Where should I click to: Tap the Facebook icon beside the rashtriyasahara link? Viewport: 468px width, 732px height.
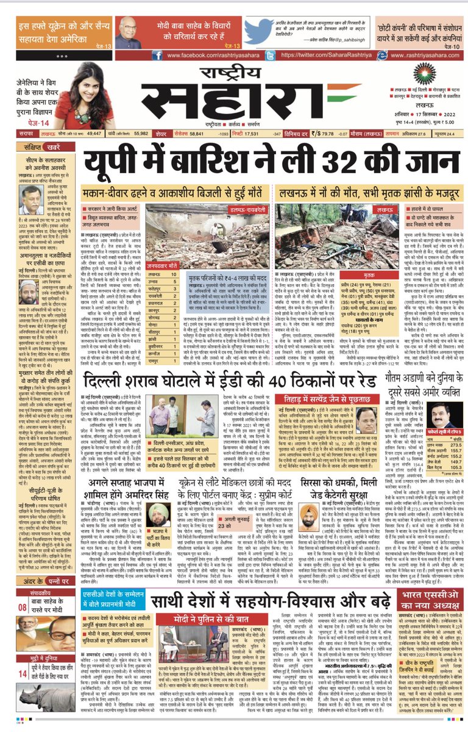point(157,55)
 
